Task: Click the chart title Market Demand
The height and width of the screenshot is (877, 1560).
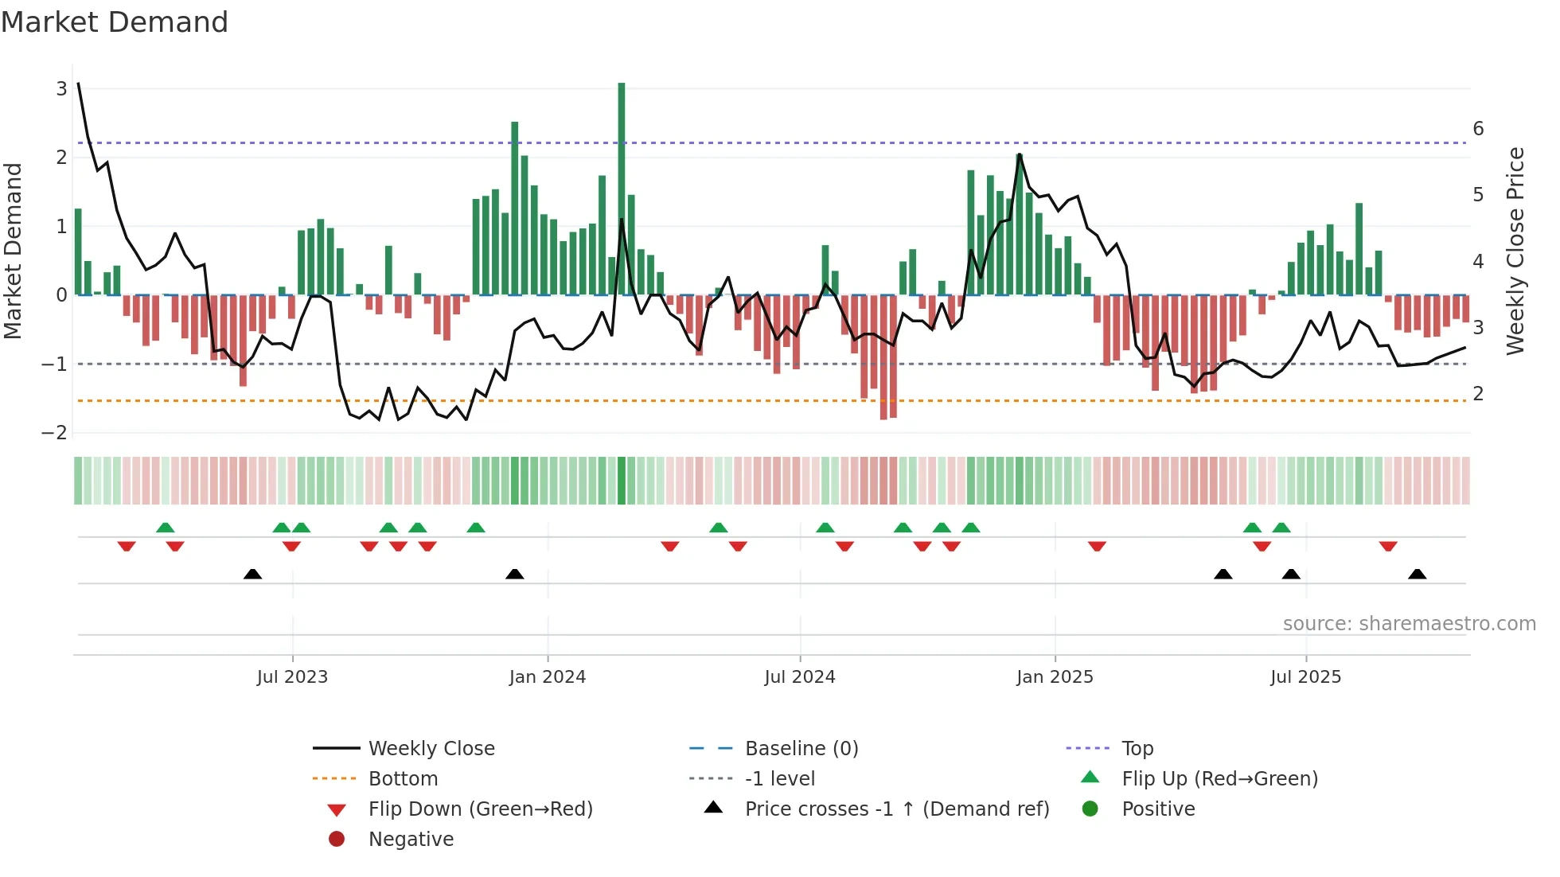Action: (x=115, y=22)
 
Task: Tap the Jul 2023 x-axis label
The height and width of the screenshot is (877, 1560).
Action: (x=292, y=677)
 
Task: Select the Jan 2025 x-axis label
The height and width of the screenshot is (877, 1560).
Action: (x=1055, y=677)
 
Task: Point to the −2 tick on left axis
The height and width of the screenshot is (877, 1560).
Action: (x=55, y=433)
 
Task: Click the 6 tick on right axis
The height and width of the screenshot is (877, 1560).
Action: (x=1478, y=129)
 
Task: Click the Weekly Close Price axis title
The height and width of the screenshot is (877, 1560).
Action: (x=1515, y=251)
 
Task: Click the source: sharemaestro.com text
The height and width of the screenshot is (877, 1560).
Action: (x=1409, y=624)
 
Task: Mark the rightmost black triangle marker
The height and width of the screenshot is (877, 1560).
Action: (x=1417, y=574)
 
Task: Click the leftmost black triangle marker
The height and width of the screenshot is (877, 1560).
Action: (x=252, y=574)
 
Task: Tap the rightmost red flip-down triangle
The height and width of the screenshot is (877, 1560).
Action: (x=1388, y=546)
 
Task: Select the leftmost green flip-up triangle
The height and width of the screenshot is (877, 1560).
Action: (x=166, y=528)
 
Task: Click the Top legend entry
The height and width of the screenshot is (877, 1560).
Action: (x=1137, y=749)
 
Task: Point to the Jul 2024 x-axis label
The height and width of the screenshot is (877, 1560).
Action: (x=799, y=677)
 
